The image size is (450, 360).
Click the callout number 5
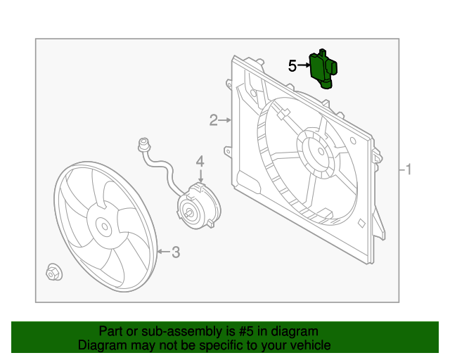pyautogui.click(x=292, y=66)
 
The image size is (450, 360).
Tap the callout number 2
pyautogui.click(x=213, y=121)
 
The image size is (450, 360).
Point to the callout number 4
pyautogui.click(x=200, y=162)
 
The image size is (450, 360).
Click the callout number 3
pyautogui.click(x=176, y=251)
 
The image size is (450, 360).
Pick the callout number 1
pyautogui.click(x=409, y=169)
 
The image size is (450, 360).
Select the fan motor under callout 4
pyautogui.click(x=197, y=207)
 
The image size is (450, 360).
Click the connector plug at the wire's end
pyautogui.click(x=143, y=146)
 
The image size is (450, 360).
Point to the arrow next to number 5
pyautogui.click(x=303, y=65)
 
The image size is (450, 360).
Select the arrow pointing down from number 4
pyautogui.click(x=200, y=176)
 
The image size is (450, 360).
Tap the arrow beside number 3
pyautogui.click(x=163, y=251)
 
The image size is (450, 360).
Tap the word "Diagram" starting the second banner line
pyautogui.click(x=102, y=345)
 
